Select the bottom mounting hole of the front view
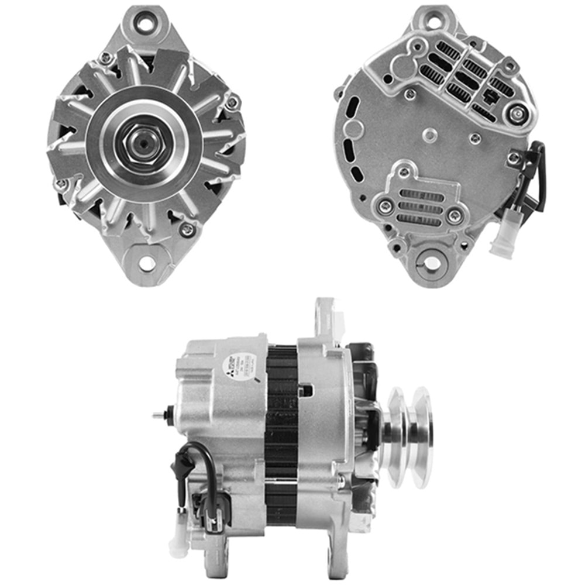tap(146, 263)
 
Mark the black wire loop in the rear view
tap(537, 175)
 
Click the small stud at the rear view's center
tap(431, 135)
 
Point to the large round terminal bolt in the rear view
tap(515, 113)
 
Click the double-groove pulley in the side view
tap(409, 436)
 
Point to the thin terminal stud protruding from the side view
tap(159, 415)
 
